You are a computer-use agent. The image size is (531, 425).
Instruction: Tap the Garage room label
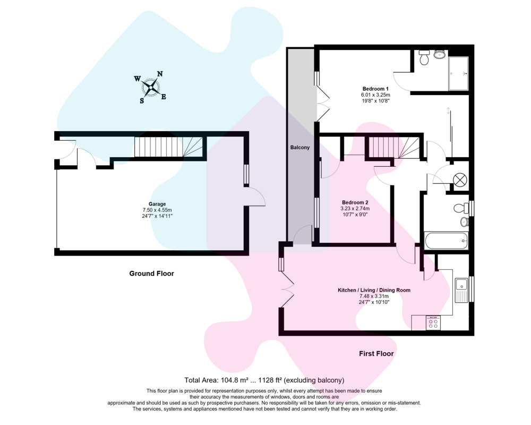click(157, 204)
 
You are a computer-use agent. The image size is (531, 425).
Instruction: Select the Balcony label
click(299, 148)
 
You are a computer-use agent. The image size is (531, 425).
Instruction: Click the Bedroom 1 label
click(375, 89)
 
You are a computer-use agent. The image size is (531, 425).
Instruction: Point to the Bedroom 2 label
click(355, 202)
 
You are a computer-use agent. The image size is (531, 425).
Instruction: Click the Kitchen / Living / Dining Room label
click(374, 290)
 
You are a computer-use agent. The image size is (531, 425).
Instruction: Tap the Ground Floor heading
click(151, 274)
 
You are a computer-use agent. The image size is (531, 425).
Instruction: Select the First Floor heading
click(376, 353)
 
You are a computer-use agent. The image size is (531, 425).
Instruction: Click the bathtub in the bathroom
click(447, 241)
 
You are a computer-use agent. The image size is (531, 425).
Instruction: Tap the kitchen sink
click(461, 290)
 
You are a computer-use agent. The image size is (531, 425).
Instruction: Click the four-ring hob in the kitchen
click(433, 322)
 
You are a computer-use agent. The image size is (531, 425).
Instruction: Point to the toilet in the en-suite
click(424, 57)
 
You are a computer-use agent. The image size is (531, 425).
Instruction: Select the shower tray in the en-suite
click(459, 73)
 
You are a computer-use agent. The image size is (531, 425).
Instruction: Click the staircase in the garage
click(168, 147)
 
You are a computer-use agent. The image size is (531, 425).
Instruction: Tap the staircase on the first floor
click(393, 147)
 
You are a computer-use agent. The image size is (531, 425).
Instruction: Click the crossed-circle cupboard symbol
click(460, 180)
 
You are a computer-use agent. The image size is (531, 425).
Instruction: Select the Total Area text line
click(264, 380)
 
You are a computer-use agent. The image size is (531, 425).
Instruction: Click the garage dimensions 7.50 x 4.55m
click(157, 210)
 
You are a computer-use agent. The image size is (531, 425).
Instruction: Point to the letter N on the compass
click(160, 74)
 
